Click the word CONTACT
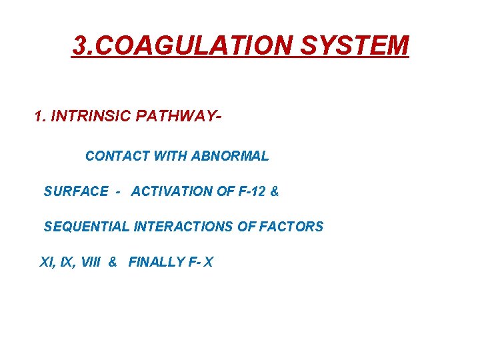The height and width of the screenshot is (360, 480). coord(117,156)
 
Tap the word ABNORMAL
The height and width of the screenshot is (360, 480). coord(230,156)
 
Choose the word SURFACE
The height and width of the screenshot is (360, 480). coord(75,191)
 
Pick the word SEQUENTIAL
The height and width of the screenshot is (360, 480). coord(87,227)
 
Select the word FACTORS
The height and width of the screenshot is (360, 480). coord(291,227)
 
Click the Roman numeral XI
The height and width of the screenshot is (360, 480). coord(47,262)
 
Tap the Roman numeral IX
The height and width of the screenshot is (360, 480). coord(67,262)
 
